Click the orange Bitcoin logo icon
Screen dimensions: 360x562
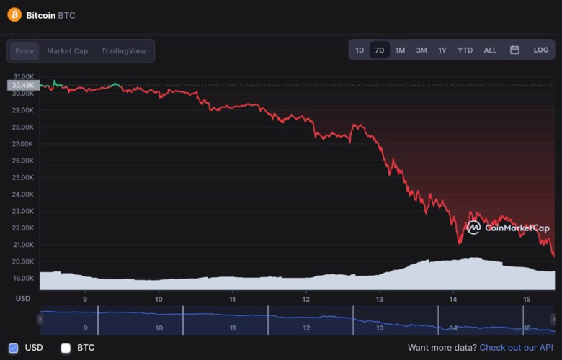tap(14, 14)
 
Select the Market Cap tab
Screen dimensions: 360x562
tap(68, 51)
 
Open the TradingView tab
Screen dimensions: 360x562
tap(123, 51)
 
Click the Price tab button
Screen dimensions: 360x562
tap(24, 51)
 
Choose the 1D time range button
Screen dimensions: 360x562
tap(360, 50)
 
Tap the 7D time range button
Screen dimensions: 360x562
tap(380, 50)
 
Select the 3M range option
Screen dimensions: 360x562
tap(421, 50)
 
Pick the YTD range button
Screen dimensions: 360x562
tap(465, 50)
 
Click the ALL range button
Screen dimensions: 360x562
tap(490, 50)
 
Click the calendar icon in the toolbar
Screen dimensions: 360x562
tap(514, 50)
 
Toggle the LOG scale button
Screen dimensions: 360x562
tap(540, 50)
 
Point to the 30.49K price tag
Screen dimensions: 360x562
tap(23, 85)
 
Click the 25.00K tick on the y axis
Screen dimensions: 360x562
tap(23, 177)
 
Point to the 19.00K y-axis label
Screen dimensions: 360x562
tap(23, 278)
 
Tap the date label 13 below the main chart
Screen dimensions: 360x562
tap(380, 299)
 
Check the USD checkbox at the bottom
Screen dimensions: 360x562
tap(14, 348)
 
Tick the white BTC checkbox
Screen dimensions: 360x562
tap(66, 348)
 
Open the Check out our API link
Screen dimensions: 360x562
tap(516, 348)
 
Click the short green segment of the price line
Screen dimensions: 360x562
tap(56, 84)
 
